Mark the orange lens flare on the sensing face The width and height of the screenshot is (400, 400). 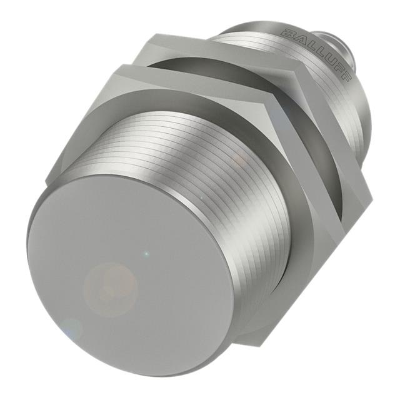109,287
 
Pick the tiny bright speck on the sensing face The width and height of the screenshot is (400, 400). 146,254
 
